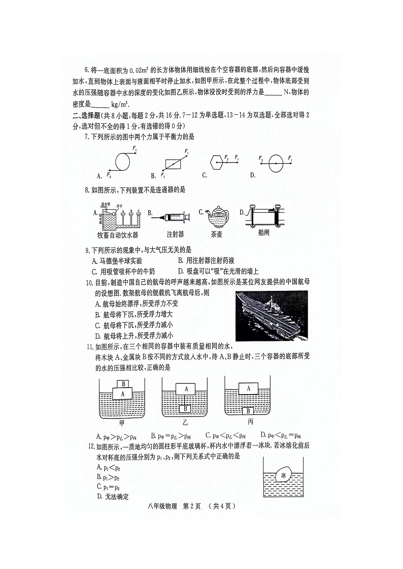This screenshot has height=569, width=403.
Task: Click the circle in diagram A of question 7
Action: pos(123,162)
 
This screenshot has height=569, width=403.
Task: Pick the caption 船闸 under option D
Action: pos(263,234)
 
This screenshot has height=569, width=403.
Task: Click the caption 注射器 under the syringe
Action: pos(175,234)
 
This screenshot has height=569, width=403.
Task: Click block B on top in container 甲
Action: pos(122,384)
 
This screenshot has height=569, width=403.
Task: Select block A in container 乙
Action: pos(186,389)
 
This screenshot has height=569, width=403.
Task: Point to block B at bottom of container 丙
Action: pos(249,410)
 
